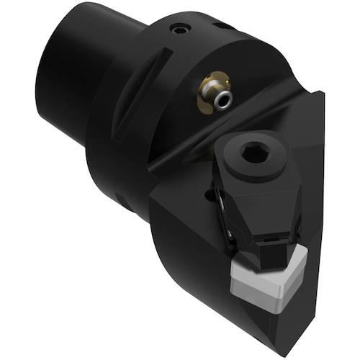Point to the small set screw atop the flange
[178, 30]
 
